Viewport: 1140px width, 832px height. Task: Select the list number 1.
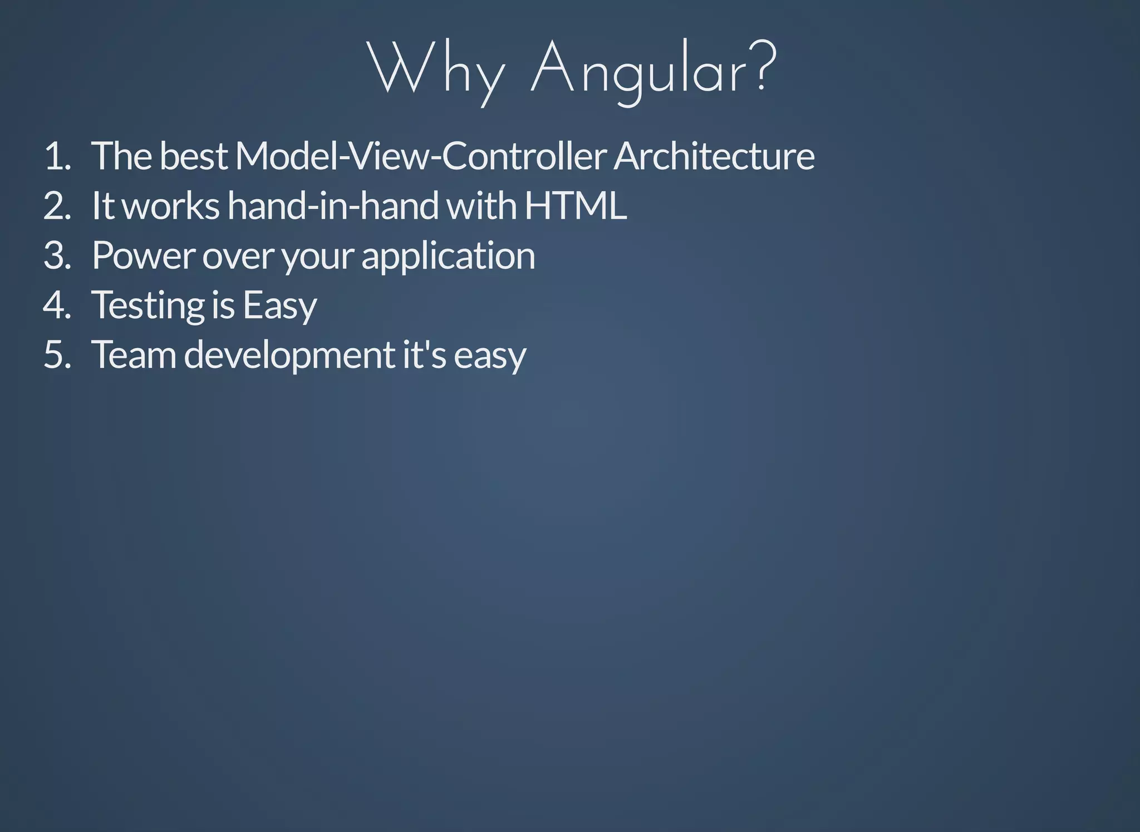click(57, 156)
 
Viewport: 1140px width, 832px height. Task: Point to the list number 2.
click(57, 206)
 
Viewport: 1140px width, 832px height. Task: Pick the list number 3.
click(57, 255)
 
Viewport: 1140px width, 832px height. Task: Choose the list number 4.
click(57, 305)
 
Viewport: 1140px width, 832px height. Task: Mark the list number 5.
click(57, 355)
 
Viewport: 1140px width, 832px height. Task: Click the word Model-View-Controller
click(420, 156)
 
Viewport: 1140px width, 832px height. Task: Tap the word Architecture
click(714, 156)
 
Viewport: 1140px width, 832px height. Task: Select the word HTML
click(576, 206)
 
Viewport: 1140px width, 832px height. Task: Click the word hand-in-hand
click(333, 206)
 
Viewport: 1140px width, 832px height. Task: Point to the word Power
click(143, 255)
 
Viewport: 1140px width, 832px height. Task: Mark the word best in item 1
click(193, 156)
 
